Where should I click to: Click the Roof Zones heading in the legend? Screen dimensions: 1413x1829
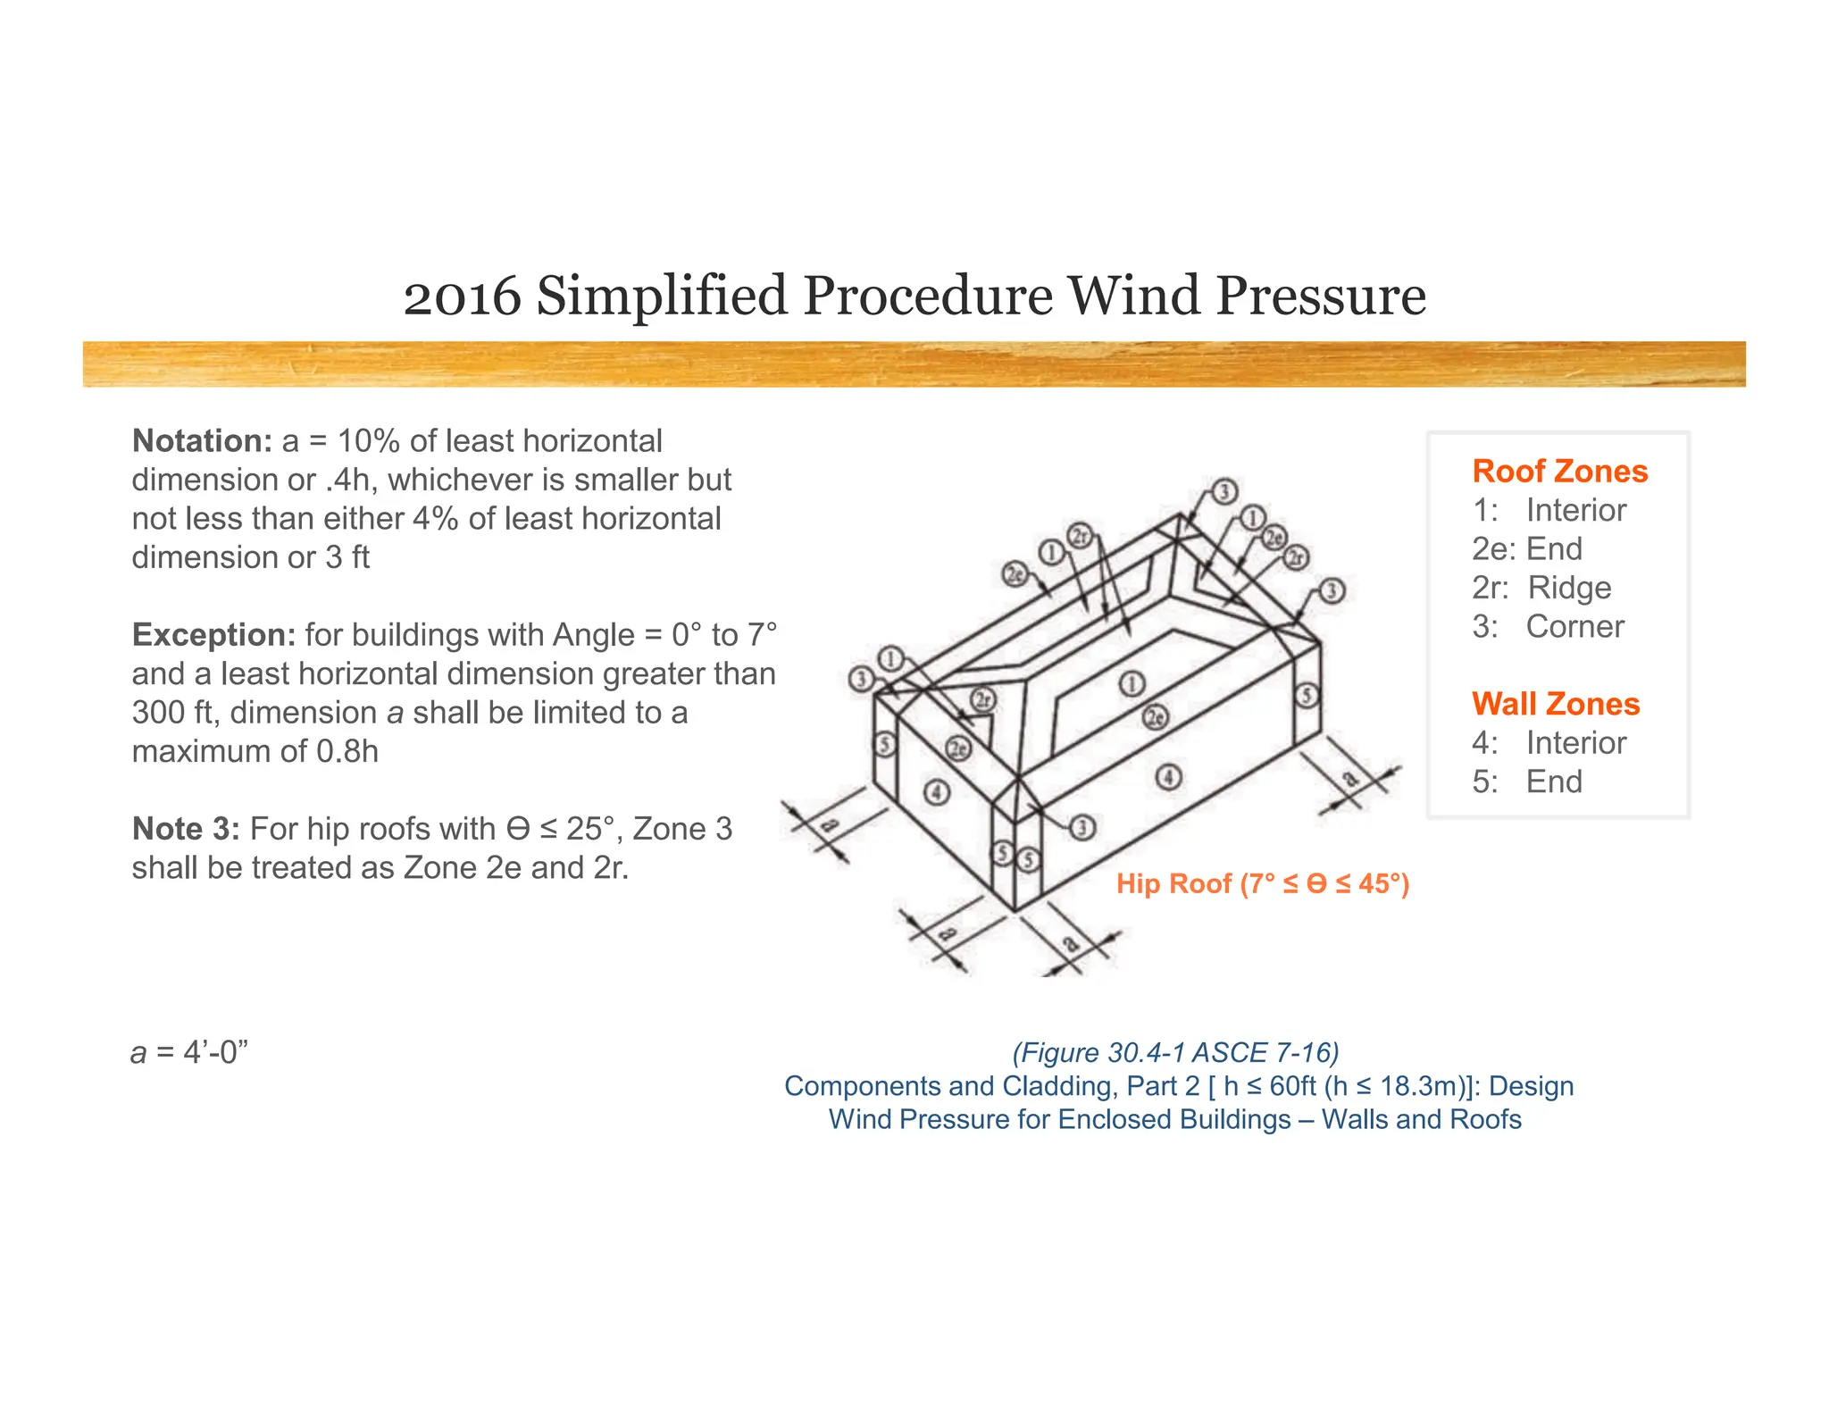1559,471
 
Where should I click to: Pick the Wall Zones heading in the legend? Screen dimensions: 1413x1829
1556,704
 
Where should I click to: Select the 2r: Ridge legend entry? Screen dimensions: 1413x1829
1541,588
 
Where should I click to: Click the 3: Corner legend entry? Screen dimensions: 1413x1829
1548,627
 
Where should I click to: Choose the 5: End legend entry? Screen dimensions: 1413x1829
1527,782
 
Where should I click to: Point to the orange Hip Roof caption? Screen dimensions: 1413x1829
1262,883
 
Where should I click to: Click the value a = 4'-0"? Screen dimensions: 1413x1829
189,1053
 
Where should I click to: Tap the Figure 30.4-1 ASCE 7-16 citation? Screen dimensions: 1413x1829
1175,1053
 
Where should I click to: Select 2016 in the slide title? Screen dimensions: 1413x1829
462,296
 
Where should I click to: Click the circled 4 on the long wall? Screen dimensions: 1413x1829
1169,776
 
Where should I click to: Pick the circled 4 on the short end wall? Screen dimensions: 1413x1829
936,791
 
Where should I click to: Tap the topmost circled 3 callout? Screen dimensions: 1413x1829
1224,491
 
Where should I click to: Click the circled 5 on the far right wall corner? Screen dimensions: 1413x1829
1307,695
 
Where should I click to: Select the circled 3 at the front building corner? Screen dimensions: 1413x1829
1082,827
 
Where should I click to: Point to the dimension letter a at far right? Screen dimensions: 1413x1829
1352,779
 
